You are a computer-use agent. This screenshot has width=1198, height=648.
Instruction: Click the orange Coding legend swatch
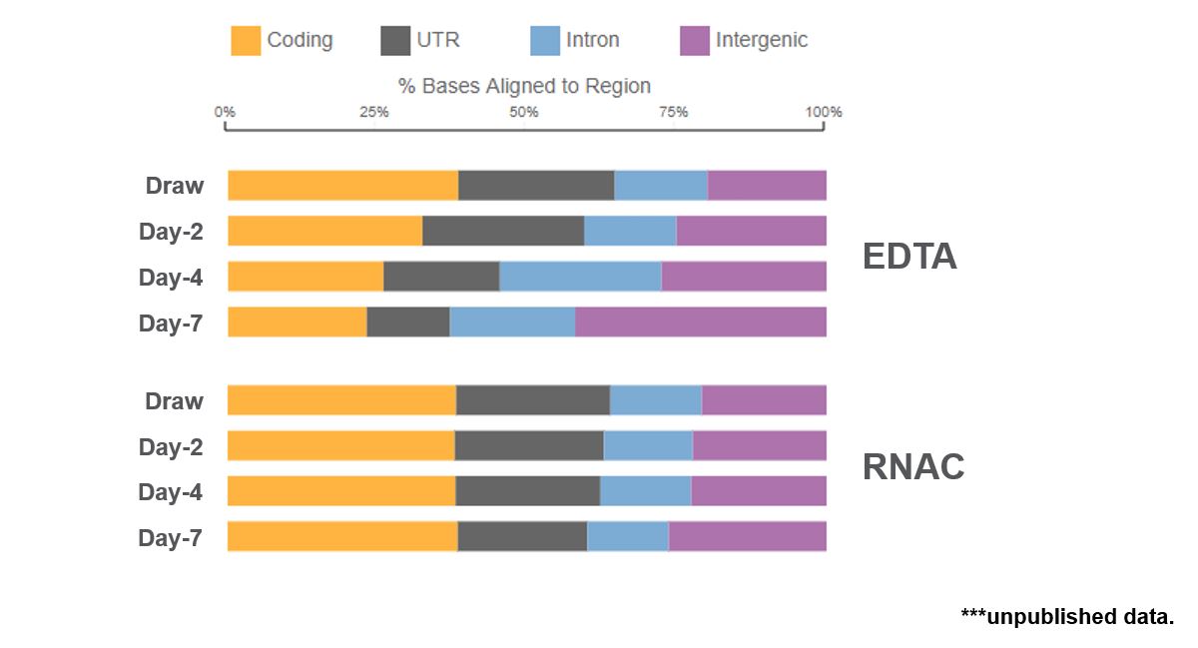(x=246, y=41)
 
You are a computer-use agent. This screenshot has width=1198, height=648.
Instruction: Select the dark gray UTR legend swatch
(x=396, y=41)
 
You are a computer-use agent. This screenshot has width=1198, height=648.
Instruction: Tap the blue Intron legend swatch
(x=545, y=41)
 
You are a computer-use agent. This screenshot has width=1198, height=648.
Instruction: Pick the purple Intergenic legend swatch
(x=695, y=41)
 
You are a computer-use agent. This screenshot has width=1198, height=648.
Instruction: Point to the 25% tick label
(x=374, y=112)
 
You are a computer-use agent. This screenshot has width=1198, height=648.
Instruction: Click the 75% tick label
(x=674, y=112)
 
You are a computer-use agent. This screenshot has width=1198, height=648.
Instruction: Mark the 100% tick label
(x=824, y=112)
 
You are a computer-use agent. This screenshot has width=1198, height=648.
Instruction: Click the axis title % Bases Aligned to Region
(x=524, y=86)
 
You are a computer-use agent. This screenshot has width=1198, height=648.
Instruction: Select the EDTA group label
(x=909, y=258)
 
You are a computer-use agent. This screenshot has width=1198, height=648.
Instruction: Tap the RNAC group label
(x=913, y=467)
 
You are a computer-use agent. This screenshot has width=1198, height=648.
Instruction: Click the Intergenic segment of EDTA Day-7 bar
(x=701, y=322)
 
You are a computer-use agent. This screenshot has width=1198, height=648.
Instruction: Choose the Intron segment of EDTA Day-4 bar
(x=580, y=277)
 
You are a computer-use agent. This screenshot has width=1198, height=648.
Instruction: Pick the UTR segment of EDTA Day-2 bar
(x=503, y=231)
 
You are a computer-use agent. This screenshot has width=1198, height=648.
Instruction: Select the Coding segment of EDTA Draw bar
(x=342, y=186)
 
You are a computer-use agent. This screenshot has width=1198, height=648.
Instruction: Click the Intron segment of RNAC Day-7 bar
(x=628, y=536)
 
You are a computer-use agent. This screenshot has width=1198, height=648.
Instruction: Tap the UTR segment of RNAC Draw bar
(x=533, y=400)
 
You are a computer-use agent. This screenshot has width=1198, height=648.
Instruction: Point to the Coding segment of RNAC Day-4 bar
(x=341, y=491)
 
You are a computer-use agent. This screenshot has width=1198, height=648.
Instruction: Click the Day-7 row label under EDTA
(x=171, y=324)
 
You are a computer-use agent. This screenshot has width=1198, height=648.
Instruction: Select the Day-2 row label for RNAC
(x=171, y=447)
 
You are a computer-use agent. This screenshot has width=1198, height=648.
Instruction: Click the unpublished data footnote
(x=1067, y=616)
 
